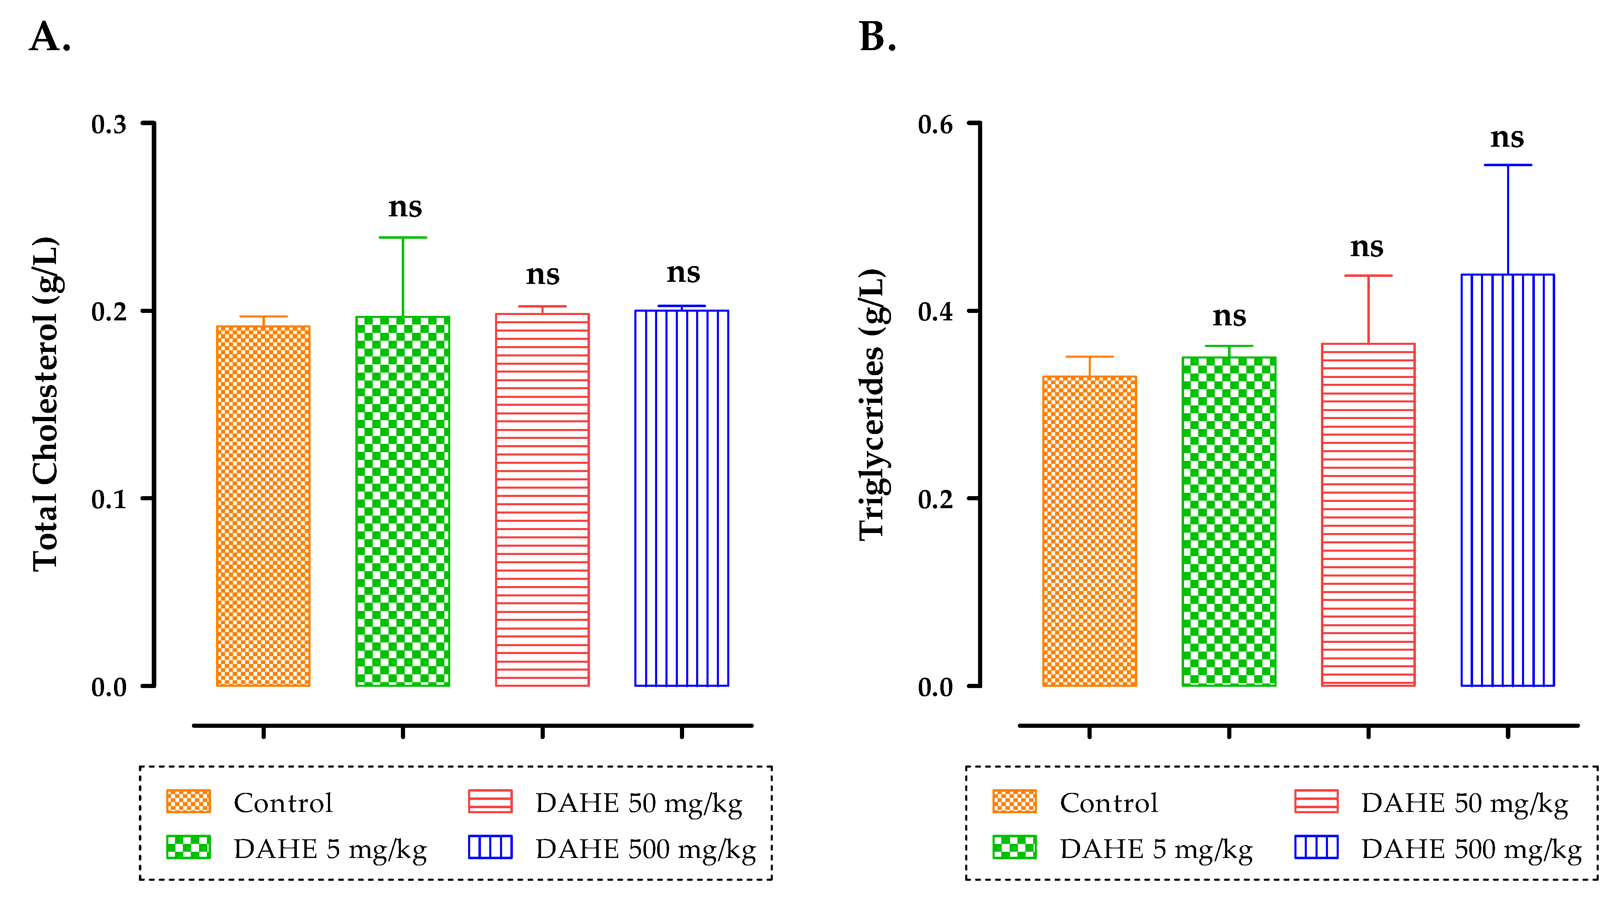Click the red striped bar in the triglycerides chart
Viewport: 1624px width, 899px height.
click(x=1368, y=514)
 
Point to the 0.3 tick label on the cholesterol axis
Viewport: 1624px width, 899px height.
click(x=109, y=124)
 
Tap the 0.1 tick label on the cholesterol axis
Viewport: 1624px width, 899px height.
click(x=109, y=499)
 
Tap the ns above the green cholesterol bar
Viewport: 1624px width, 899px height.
click(x=405, y=207)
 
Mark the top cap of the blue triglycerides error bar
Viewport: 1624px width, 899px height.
click(x=1507, y=165)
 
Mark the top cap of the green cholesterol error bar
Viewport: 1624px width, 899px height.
click(x=403, y=237)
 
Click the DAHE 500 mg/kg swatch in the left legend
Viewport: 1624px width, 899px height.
click(x=490, y=847)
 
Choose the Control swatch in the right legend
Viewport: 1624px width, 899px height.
click(x=1014, y=801)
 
